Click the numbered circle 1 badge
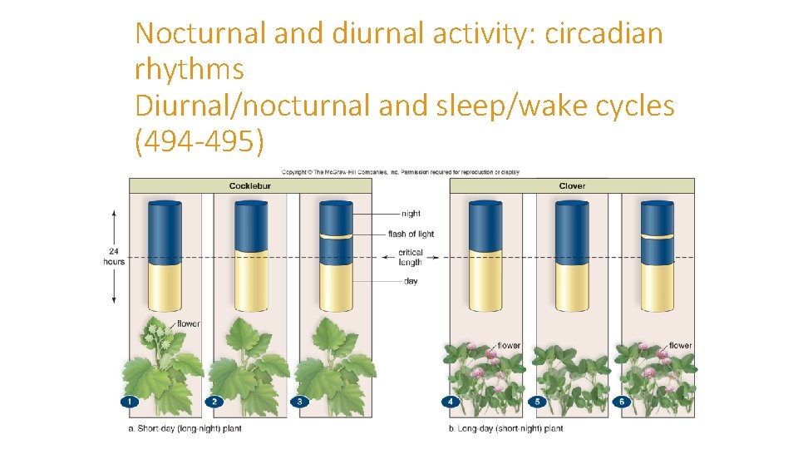point(129,402)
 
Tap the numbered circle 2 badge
point(214,402)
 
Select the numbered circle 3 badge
point(300,402)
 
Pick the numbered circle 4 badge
point(451,402)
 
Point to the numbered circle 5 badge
point(537,402)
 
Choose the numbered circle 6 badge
point(622,402)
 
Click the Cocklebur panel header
point(249,185)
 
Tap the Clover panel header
point(572,185)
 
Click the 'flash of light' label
point(411,234)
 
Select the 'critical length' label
point(411,257)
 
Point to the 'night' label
point(411,214)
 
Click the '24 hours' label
point(114,256)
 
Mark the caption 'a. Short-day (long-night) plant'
point(185,428)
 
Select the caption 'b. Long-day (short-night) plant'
point(505,428)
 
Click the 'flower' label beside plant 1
point(189,323)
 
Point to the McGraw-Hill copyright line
point(400,172)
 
